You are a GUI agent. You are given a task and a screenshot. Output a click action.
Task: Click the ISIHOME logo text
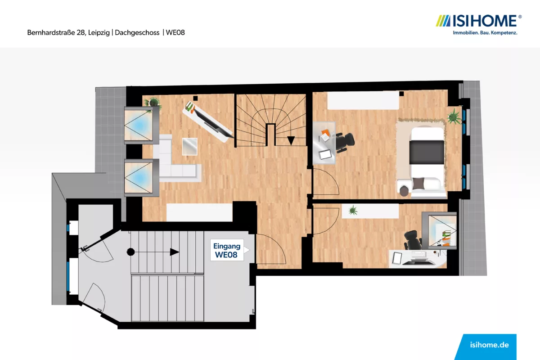point(485,21)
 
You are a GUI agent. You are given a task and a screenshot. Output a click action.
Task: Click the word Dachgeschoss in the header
point(137,32)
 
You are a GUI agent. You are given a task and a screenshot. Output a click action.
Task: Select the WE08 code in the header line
point(175,32)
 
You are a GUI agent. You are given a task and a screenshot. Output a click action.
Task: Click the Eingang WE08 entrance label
point(227,250)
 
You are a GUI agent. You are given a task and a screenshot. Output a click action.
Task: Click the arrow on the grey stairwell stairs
point(154,252)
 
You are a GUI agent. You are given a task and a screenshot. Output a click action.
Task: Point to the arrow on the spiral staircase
point(291,140)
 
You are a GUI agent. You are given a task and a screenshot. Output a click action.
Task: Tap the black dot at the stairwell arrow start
point(130,252)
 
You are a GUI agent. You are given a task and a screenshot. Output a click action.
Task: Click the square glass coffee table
point(190,146)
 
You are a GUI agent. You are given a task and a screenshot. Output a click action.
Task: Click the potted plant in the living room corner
point(153,102)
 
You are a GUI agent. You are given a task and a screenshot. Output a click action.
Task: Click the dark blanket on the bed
point(427,153)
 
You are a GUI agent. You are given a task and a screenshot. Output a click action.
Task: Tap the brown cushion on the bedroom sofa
point(418,183)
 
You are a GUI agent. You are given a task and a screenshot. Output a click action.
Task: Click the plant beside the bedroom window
point(454,117)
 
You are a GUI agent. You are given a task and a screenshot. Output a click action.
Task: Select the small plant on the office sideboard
point(353,210)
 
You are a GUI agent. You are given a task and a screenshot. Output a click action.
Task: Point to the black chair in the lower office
point(413,240)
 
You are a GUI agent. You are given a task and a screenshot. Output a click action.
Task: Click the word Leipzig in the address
point(99,32)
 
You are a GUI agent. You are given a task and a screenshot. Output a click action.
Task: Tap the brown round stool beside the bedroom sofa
point(404,191)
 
